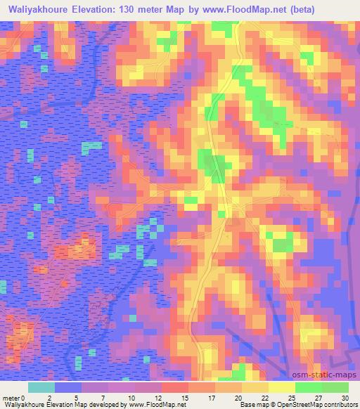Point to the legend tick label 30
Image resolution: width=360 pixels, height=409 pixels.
click(343, 396)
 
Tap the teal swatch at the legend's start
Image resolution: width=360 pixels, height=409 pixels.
click(41, 387)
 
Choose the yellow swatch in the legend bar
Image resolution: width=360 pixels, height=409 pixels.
click(281, 387)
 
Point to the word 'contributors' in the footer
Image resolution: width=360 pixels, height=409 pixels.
click(339, 405)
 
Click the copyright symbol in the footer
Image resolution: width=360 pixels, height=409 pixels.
click(264, 405)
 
